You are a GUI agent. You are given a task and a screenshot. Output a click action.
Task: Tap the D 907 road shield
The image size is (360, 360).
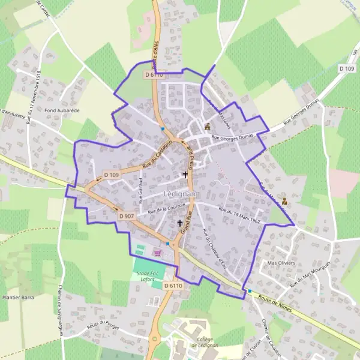click(126, 216)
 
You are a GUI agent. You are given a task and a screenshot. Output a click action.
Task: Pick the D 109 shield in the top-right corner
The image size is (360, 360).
click(346, 69)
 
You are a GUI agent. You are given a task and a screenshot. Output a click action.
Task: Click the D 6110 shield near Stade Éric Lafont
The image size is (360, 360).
click(172, 286)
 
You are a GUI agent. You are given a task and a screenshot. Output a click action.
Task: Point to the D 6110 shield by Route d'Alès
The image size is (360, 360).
click(154, 75)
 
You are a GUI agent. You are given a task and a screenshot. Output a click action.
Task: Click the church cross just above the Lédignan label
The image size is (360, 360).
click(185, 175)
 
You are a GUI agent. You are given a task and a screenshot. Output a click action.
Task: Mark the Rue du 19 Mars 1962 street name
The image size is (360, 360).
click(239, 215)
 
